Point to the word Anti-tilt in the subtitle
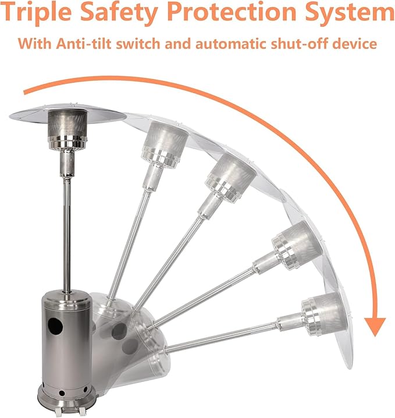(x=83, y=44)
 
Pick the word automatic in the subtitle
(x=230, y=44)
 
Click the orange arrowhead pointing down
(x=375, y=326)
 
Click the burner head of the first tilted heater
(x=165, y=144)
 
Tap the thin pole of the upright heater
(x=67, y=235)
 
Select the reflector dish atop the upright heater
(x=67, y=115)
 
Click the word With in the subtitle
(x=34, y=44)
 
